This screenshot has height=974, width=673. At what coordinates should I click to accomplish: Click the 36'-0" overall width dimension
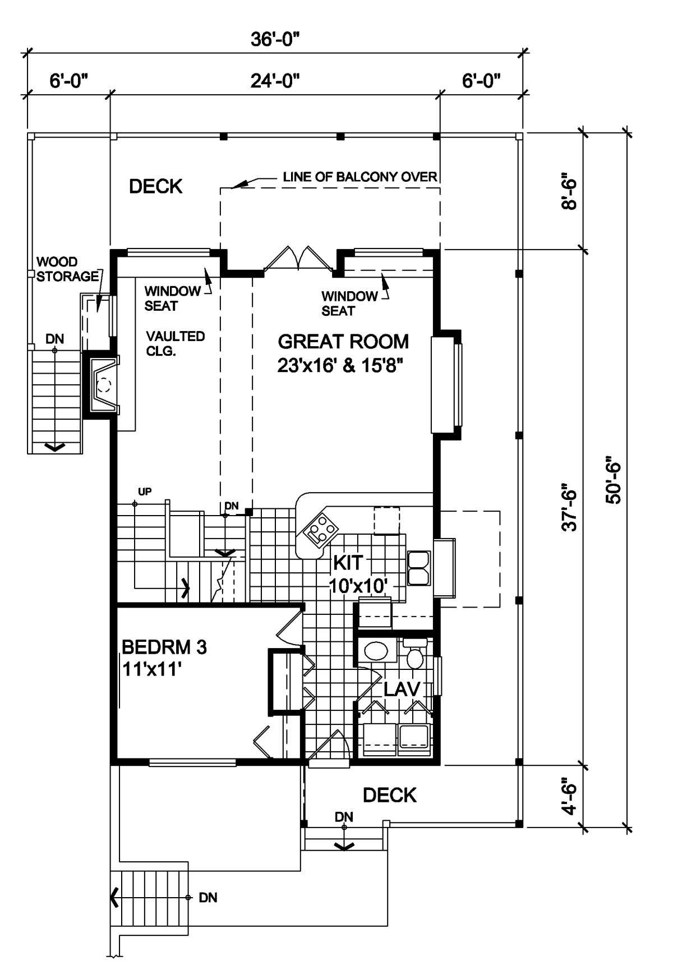275,40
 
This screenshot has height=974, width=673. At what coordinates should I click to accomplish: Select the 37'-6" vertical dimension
570,507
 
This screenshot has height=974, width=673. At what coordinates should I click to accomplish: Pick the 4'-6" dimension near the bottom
570,795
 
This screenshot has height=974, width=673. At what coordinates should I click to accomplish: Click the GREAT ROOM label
343,342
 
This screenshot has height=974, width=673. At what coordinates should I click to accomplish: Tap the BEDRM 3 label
164,647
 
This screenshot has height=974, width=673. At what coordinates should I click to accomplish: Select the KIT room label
348,562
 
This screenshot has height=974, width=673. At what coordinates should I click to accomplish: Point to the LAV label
402,689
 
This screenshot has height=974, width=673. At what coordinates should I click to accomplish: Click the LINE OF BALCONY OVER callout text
360,177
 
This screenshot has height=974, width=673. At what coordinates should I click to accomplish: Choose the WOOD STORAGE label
67,269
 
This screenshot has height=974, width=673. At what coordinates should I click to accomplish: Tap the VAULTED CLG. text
176,344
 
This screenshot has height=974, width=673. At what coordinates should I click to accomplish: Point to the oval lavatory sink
376,651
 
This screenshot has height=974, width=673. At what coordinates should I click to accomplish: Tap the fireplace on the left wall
101,384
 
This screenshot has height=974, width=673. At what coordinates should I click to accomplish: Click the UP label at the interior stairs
145,492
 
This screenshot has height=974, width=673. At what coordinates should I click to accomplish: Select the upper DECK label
156,186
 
